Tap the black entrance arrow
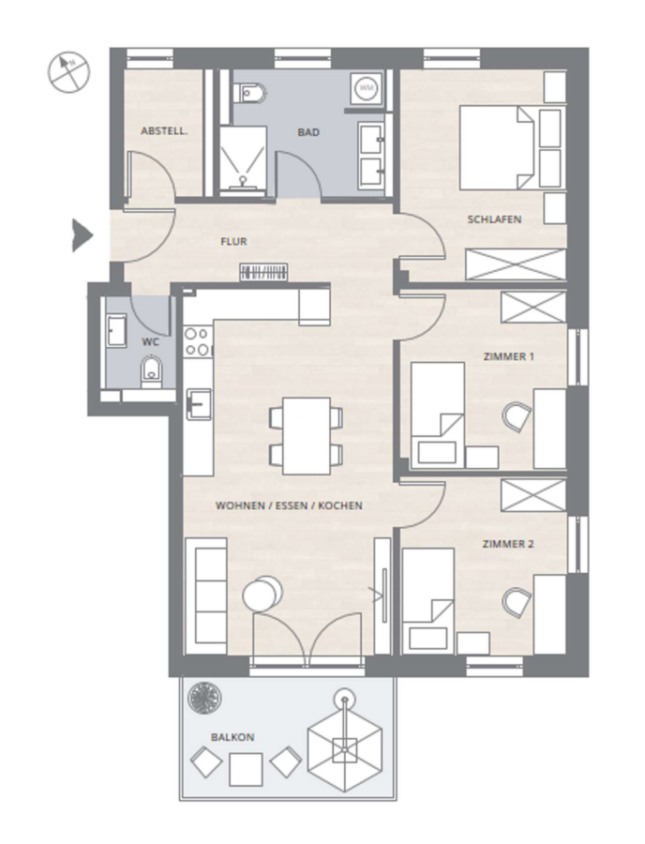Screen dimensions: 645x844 click(x=82, y=235)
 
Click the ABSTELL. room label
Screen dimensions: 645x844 click(x=164, y=130)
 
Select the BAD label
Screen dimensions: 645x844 click(x=308, y=132)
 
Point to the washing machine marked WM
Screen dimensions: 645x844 click(x=367, y=86)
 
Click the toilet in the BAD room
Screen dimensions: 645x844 click(x=250, y=94)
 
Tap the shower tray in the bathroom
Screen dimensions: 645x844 click(x=243, y=159)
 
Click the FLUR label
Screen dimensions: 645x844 click(x=234, y=242)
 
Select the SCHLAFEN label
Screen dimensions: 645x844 click(x=494, y=219)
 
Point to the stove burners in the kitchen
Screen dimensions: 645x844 click(x=197, y=341)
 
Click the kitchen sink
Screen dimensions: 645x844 click(x=198, y=403)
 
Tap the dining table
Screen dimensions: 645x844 click(x=306, y=436)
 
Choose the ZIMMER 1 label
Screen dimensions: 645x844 click(x=508, y=356)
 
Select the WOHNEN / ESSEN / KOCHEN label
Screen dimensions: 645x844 click(x=289, y=506)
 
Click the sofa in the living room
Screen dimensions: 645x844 click(x=205, y=595)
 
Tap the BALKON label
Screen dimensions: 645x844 click(x=232, y=737)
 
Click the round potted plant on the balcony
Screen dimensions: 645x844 click(x=204, y=698)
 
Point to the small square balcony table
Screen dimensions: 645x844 click(x=246, y=769)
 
